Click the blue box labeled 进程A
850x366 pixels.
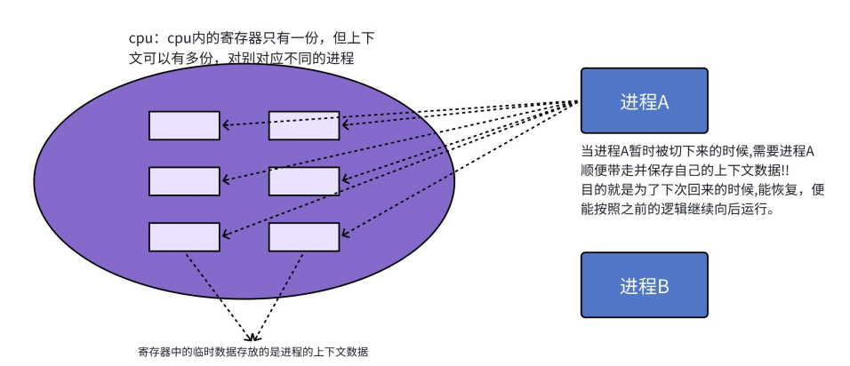pyautogui.click(x=644, y=100)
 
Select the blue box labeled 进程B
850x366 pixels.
pyautogui.click(x=644, y=286)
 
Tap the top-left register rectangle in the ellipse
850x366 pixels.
pyautogui.click(x=184, y=125)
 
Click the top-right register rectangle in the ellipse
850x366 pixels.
pyautogui.click(x=303, y=125)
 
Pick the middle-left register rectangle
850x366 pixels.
pyautogui.click(x=184, y=181)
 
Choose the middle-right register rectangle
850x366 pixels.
pyautogui.click(x=303, y=181)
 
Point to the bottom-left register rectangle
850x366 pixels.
pyautogui.click(x=184, y=236)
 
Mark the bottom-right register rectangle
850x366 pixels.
pyautogui.click(x=303, y=236)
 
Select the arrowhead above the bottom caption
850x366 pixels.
pyautogui.click(x=253, y=338)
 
